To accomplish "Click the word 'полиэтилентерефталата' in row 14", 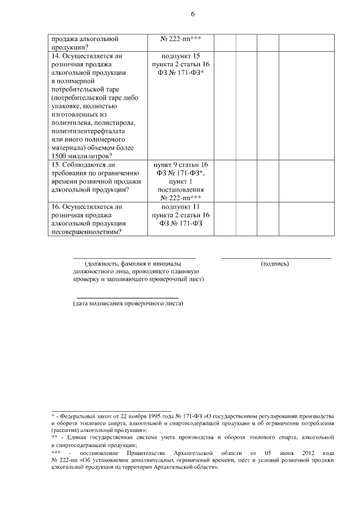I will pyautogui.click(x=85, y=130).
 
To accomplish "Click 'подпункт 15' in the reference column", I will pyautogui.click(x=181, y=56).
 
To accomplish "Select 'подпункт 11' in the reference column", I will pyautogui.click(x=181, y=206).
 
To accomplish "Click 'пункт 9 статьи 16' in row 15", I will pyautogui.click(x=181, y=165).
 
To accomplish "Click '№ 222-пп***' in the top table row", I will pyautogui.click(x=181, y=39).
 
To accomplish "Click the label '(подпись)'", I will pyautogui.click(x=275, y=263).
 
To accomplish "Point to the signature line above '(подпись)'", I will pyautogui.click(x=276, y=258).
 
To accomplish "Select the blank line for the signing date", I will pyautogui.click(x=127, y=298).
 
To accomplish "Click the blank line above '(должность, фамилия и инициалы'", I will pyautogui.click(x=134, y=258).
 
